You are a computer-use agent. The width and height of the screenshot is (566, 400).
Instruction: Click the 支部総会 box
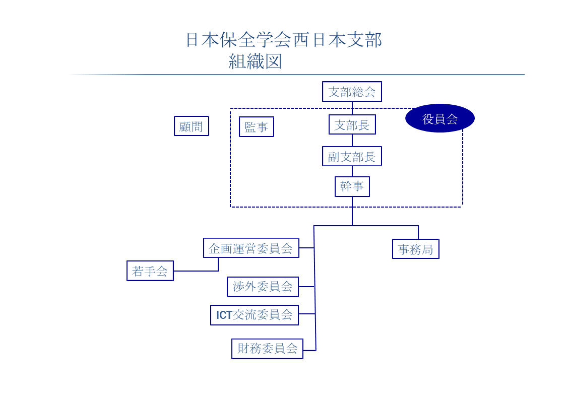tap(352, 92)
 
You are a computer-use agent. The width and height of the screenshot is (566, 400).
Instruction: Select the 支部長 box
tap(352, 124)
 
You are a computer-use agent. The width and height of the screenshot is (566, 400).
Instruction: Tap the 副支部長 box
tap(352, 156)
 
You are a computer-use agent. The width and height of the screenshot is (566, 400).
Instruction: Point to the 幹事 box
tap(352, 186)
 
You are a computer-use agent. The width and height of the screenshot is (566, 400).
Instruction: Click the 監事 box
tap(257, 126)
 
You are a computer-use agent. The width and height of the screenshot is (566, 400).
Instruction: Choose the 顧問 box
tap(192, 126)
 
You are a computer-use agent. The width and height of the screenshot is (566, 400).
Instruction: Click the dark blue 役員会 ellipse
tap(439, 118)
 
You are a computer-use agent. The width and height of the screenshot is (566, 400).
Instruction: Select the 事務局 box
tap(415, 249)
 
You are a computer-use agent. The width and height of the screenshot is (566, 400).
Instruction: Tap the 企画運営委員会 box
tap(251, 248)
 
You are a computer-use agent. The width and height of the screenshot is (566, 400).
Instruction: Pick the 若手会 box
tap(150, 271)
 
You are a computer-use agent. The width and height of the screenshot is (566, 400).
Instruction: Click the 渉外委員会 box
tap(263, 287)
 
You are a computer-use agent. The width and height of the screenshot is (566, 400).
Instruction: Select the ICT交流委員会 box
tap(254, 315)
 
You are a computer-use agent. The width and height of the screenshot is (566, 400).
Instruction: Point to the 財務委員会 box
tap(267, 349)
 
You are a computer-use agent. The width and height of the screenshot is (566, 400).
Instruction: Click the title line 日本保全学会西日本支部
tap(284, 40)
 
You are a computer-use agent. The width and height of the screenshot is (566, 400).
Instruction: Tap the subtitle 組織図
tap(255, 61)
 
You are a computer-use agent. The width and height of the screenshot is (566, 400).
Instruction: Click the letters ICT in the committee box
tap(224, 315)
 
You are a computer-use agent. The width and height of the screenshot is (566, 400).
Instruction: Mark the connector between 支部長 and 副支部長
tap(352, 141)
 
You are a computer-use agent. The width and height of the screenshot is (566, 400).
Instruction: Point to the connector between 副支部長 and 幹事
tap(352, 171)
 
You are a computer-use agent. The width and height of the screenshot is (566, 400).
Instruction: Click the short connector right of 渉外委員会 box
tap(306, 287)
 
